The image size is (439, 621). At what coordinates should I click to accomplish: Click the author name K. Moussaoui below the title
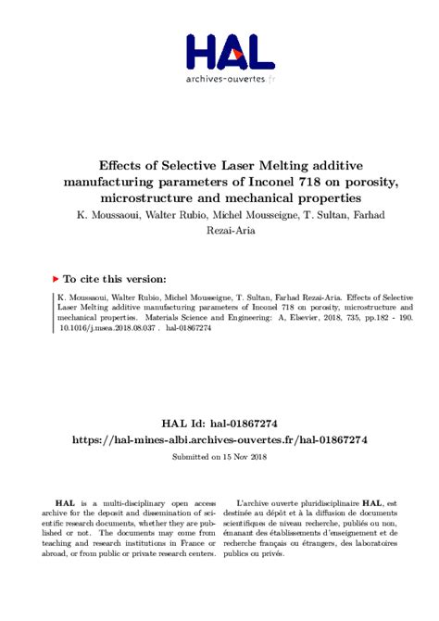pos(108,214)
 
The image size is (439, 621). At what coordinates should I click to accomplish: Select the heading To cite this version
pos(116,278)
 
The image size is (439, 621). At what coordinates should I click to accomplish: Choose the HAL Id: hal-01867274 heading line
pos(219,422)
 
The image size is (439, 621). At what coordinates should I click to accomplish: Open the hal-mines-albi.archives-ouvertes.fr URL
pos(219,439)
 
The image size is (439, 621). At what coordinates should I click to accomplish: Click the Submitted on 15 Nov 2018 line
pos(219,457)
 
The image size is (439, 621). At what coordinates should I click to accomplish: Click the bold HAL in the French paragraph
pos(374,500)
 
